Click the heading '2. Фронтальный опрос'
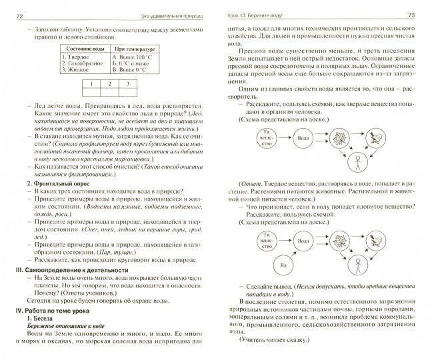click(x=59, y=183)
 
